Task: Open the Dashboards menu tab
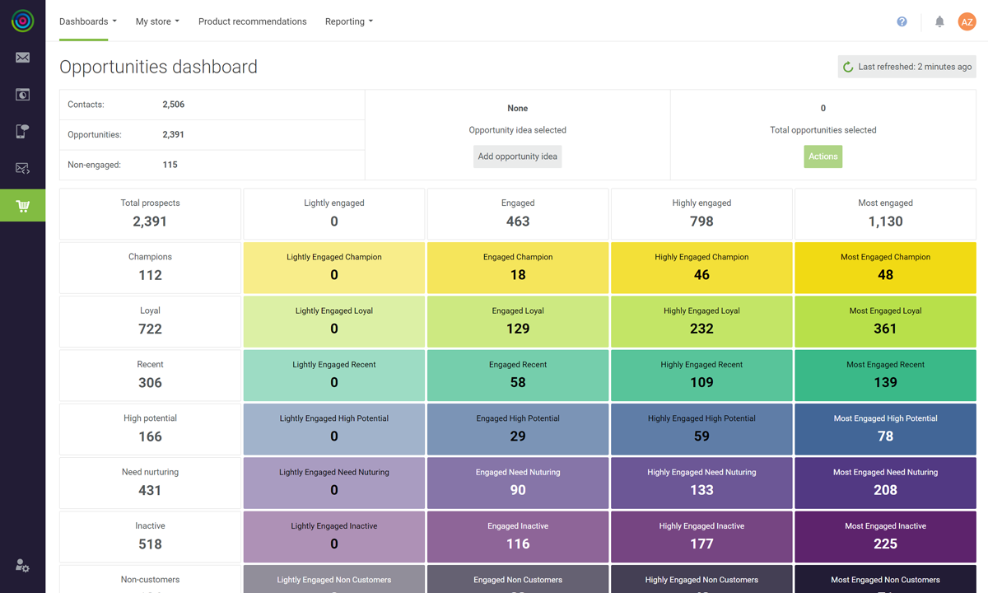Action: point(87,21)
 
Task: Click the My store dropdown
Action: point(157,21)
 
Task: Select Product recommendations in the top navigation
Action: point(252,21)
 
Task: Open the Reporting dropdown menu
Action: point(348,21)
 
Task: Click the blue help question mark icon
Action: point(902,22)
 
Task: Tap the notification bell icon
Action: point(939,22)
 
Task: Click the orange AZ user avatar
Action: point(967,22)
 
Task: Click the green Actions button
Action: point(823,156)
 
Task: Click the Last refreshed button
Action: point(906,67)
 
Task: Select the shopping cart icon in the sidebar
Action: point(22,206)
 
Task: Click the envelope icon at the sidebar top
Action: point(22,58)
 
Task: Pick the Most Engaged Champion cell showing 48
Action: point(885,267)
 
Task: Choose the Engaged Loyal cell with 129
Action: point(518,320)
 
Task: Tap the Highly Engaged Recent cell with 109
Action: point(701,374)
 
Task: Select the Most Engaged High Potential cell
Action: point(885,428)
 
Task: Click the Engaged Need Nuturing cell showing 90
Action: point(518,482)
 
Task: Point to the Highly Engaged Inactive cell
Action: point(701,535)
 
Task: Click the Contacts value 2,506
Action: point(173,105)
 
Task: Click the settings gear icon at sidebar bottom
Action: point(22,566)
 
